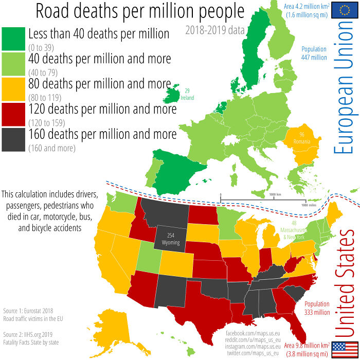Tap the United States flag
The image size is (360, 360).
(341, 349)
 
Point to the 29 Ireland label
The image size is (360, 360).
(191, 94)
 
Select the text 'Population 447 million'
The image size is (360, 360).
(314, 53)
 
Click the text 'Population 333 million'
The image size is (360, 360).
(317, 308)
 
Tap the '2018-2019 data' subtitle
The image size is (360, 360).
(215, 30)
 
